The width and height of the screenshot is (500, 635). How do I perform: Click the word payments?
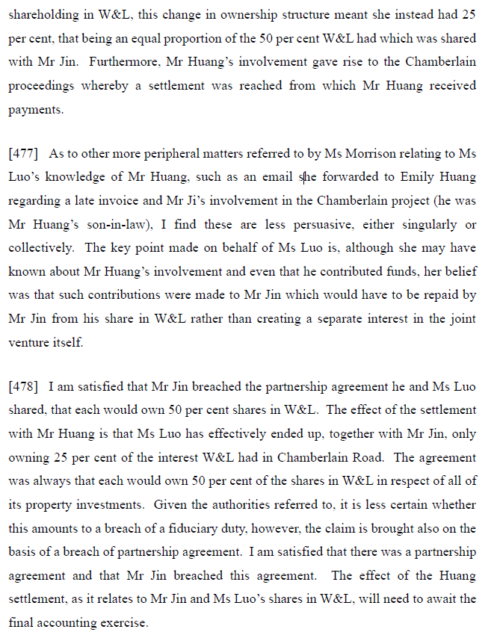[33, 109]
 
